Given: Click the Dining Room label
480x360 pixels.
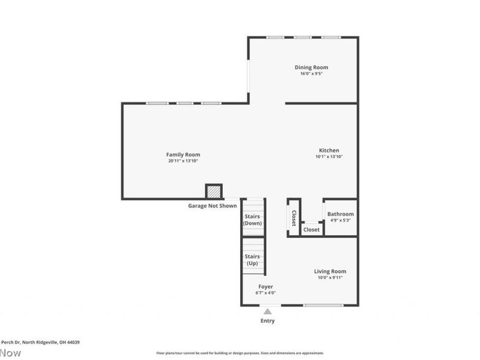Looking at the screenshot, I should (311, 67).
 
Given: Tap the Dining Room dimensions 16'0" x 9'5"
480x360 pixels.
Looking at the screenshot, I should (311, 74).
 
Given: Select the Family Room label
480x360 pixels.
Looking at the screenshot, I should (183, 154).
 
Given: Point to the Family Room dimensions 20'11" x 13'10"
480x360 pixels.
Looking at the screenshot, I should (183, 161).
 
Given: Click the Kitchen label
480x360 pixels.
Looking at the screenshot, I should (329, 150).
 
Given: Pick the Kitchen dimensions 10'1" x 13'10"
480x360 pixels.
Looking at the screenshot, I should (329, 157).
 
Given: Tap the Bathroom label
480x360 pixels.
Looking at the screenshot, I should (340, 214).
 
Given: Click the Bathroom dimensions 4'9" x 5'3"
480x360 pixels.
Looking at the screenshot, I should (340, 220).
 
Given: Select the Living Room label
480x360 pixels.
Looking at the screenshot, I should (330, 271).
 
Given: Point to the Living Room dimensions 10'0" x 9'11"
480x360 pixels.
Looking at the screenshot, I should (330, 278).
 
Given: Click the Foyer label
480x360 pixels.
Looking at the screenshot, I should (266, 287).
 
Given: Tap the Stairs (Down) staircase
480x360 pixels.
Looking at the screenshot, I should (253, 219).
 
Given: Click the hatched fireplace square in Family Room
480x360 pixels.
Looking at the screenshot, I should (214, 191).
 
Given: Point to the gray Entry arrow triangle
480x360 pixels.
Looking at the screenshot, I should (268, 311).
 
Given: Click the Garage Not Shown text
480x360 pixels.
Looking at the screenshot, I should (212, 206).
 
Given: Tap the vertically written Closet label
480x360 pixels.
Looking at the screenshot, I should (294, 218).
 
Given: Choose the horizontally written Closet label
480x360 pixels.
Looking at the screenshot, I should (311, 229).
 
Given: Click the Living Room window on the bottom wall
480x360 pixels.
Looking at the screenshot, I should (322, 305).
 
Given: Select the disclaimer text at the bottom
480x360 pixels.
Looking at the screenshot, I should (240, 353).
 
